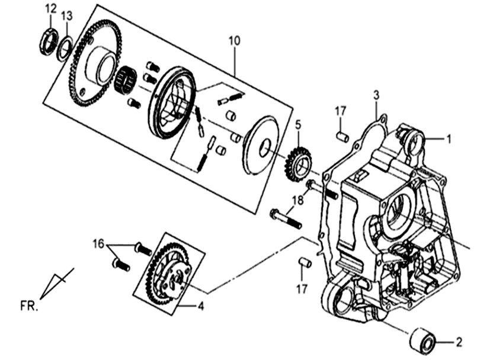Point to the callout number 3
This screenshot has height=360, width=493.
tap(376, 95)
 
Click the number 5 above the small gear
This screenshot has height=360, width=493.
tap(299, 125)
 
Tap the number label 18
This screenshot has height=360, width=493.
tap(297, 200)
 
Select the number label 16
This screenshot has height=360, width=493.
tap(98, 243)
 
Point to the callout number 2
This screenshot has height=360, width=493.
tap(458, 342)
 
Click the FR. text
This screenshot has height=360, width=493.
tap(27, 306)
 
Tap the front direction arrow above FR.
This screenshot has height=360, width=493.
tap(57, 284)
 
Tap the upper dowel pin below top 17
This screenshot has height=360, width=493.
tap(341, 137)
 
